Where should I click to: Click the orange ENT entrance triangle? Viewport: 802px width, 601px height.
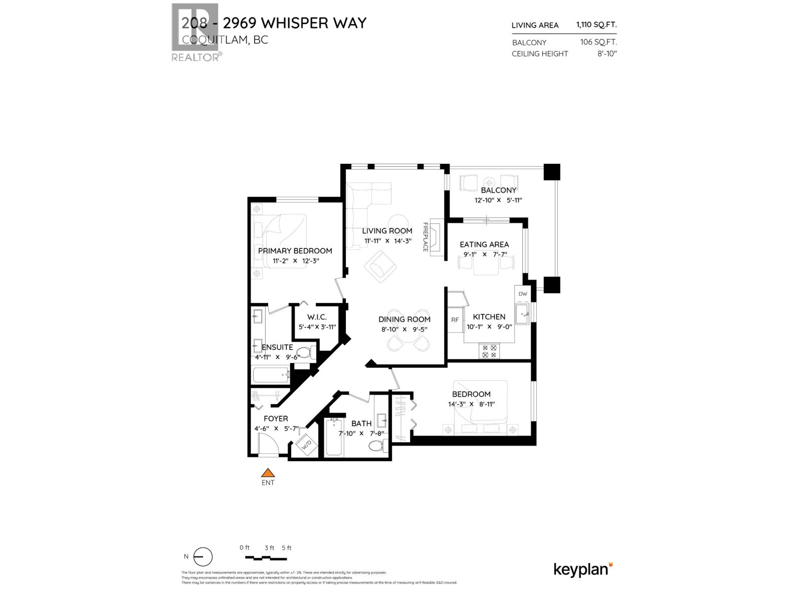pos(269,472)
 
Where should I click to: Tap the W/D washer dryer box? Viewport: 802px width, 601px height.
pos(305,443)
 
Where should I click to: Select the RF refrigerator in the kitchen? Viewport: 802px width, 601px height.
pos(455,320)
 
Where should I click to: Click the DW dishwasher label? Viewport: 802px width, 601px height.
pos(522,294)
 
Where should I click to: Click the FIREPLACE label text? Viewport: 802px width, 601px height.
pos(426,237)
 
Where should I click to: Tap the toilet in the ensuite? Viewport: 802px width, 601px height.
pos(304,352)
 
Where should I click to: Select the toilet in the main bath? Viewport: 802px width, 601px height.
pos(376,445)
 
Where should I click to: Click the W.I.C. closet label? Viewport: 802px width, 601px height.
pos(317,317)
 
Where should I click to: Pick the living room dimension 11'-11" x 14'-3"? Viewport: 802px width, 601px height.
pos(387,241)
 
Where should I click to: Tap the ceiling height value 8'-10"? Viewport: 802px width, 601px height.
pos(606,54)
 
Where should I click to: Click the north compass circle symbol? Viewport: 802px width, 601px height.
pos(203,557)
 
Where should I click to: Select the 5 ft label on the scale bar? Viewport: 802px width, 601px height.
pos(286,547)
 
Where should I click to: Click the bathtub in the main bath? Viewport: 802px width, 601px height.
pos(334,437)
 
